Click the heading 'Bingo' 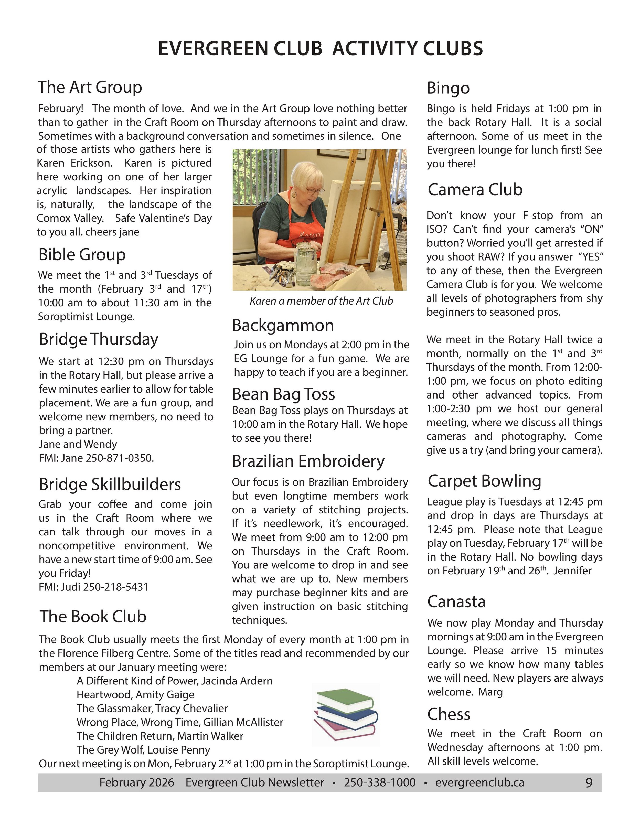click(x=448, y=88)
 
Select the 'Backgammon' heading click(x=283, y=325)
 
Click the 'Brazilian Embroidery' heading click(x=308, y=461)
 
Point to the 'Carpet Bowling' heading click(x=484, y=481)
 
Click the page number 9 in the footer click(x=589, y=782)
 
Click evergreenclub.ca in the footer click(x=480, y=782)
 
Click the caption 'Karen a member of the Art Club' click(x=321, y=301)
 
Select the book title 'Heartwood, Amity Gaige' click(x=135, y=695)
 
